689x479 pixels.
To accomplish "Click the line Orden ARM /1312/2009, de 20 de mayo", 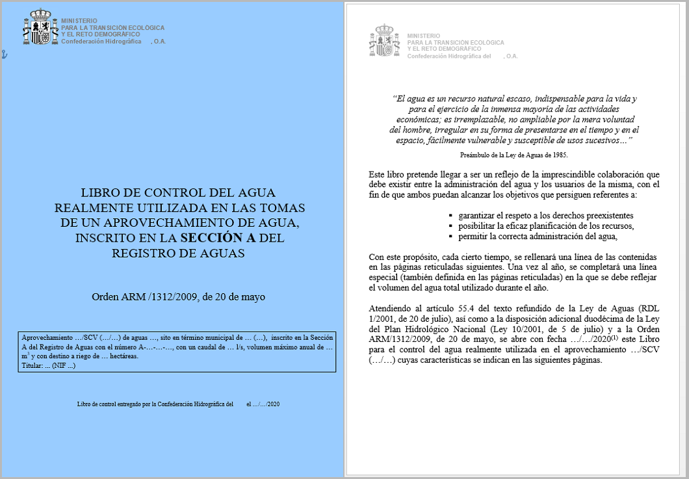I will click(178, 297).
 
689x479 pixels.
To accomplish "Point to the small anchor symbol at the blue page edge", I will click(3, 55).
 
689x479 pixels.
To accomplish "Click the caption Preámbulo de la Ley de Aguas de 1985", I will click(513, 155).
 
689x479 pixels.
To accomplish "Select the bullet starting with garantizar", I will click(545, 215).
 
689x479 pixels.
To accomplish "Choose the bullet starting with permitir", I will click(536, 235).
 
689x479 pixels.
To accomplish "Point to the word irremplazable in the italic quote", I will click(478, 120).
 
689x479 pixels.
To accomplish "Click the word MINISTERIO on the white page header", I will click(423, 36).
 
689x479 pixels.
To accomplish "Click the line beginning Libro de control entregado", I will click(155, 404).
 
